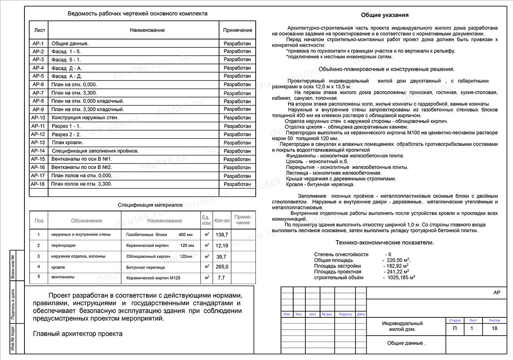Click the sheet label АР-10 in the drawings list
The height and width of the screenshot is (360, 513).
[38, 118]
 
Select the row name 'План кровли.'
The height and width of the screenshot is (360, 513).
[67, 143]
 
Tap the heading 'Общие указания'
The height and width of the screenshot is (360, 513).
[385, 15]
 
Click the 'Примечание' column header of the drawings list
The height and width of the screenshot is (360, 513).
[238, 30]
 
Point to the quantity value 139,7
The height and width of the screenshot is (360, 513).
[222, 235]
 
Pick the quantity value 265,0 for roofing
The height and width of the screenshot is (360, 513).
[222, 267]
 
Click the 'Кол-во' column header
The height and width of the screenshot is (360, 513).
[222, 220]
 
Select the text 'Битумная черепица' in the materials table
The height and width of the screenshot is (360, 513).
[146, 267]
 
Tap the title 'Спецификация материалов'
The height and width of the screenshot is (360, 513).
[150, 205]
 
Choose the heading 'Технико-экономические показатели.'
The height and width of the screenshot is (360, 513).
[385, 242]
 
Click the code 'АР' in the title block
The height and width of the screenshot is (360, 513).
[497, 293]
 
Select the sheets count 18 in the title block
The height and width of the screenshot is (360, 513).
[494, 328]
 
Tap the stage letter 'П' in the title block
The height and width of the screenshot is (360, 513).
[455, 328]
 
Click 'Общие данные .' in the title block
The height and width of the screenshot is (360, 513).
[406, 343]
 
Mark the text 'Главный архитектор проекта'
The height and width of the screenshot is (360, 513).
[78, 334]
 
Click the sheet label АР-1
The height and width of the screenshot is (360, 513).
[38, 43]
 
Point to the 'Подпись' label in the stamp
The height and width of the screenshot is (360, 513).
[345, 314]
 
